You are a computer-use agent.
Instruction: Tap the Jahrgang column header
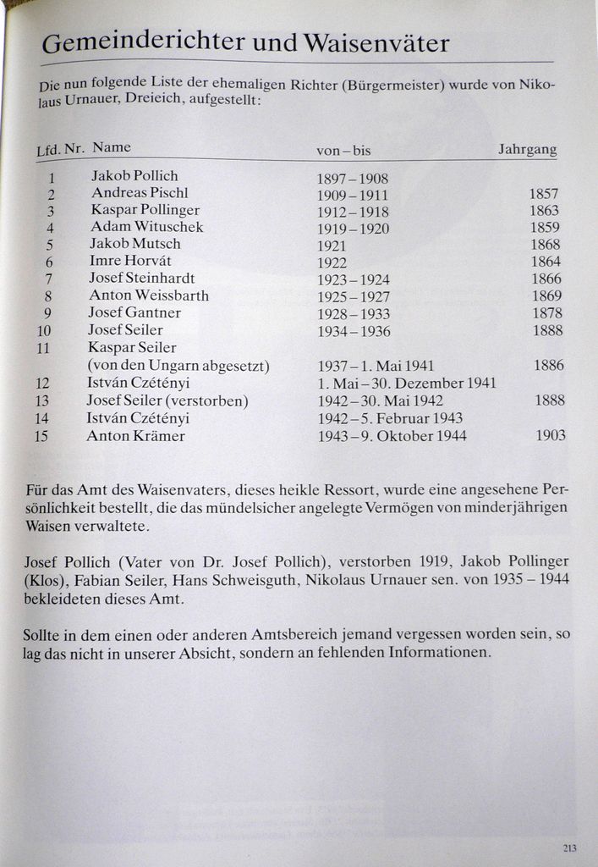pyautogui.click(x=527, y=150)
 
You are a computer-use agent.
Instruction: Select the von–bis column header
pyautogui.click(x=343, y=151)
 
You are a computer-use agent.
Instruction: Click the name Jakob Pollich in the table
pyautogui.click(x=134, y=176)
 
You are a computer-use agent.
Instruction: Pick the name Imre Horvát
pyautogui.click(x=130, y=261)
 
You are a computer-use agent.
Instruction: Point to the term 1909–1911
pyautogui.click(x=353, y=196)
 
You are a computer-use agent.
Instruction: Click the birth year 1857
pyautogui.click(x=544, y=194)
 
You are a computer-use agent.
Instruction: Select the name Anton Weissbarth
pyautogui.click(x=149, y=295)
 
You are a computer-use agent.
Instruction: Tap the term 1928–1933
pyautogui.click(x=354, y=314)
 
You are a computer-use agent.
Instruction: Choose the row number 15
pyautogui.click(x=41, y=437)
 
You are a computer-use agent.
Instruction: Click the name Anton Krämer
pyautogui.click(x=135, y=437)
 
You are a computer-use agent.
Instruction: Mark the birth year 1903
pyautogui.click(x=551, y=436)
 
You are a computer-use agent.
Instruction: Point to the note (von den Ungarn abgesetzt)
pyautogui.click(x=178, y=366)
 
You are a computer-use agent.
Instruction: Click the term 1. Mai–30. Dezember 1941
pyautogui.click(x=407, y=384)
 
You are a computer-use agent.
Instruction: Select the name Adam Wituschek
pyautogui.click(x=147, y=227)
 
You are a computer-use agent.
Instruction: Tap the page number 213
pyautogui.click(x=568, y=848)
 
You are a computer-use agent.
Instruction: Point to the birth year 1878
pyautogui.click(x=547, y=313)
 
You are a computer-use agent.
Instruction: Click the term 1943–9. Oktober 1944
pyautogui.click(x=392, y=437)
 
